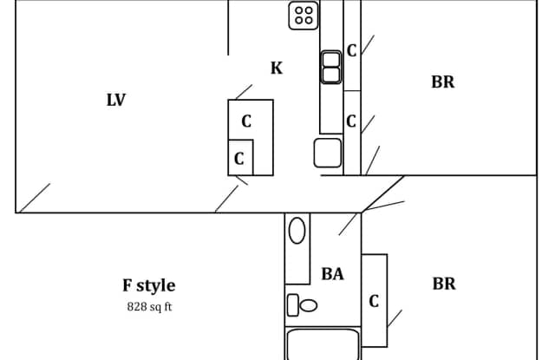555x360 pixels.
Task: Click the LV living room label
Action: pyautogui.click(x=116, y=100)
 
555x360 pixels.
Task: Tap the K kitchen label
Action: pyautogui.click(x=277, y=68)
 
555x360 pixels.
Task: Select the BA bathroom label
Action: pyautogui.click(x=332, y=274)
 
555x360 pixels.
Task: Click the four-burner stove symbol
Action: pyautogui.click(x=304, y=16)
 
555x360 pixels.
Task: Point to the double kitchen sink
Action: pyautogui.click(x=331, y=68)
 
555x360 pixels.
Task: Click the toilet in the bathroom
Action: pyautogui.click(x=302, y=305)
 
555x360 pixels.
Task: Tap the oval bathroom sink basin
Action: pyautogui.click(x=297, y=231)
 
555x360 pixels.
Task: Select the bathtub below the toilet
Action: pyautogui.click(x=323, y=344)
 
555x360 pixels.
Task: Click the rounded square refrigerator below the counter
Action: pyautogui.click(x=328, y=153)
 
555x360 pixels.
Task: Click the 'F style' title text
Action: pyautogui.click(x=149, y=285)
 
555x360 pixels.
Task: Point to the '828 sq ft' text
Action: pyautogui.click(x=149, y=306)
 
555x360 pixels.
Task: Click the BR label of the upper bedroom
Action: pyautogui.click(x=443, y=82)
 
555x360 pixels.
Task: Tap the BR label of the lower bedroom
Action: pyautogui.click(x=444, y=284)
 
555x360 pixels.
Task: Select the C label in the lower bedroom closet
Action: pyautogui.click(x=374, y=302)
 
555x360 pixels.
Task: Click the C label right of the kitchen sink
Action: pyautogui.click(x=351, y=50)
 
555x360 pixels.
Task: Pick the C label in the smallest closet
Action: pyautogui.click(x=239, y=159)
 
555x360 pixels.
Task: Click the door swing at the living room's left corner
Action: pyautogui.click(x=35, y=198)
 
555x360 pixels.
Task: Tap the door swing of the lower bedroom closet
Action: pyautogui.click(x=395, y=318)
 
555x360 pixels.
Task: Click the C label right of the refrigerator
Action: pyautogui.click(x=350, y=121)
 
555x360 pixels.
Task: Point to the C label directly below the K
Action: pyautogui.click(x=246, y=121)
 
